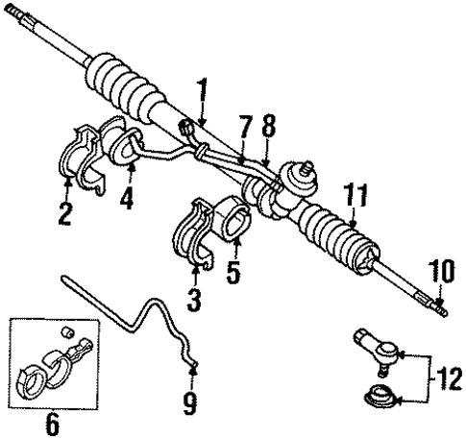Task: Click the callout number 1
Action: [202, 94]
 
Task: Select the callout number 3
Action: [196, 302]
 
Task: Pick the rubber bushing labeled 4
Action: [123, 147]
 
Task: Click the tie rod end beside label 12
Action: [376, 348]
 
